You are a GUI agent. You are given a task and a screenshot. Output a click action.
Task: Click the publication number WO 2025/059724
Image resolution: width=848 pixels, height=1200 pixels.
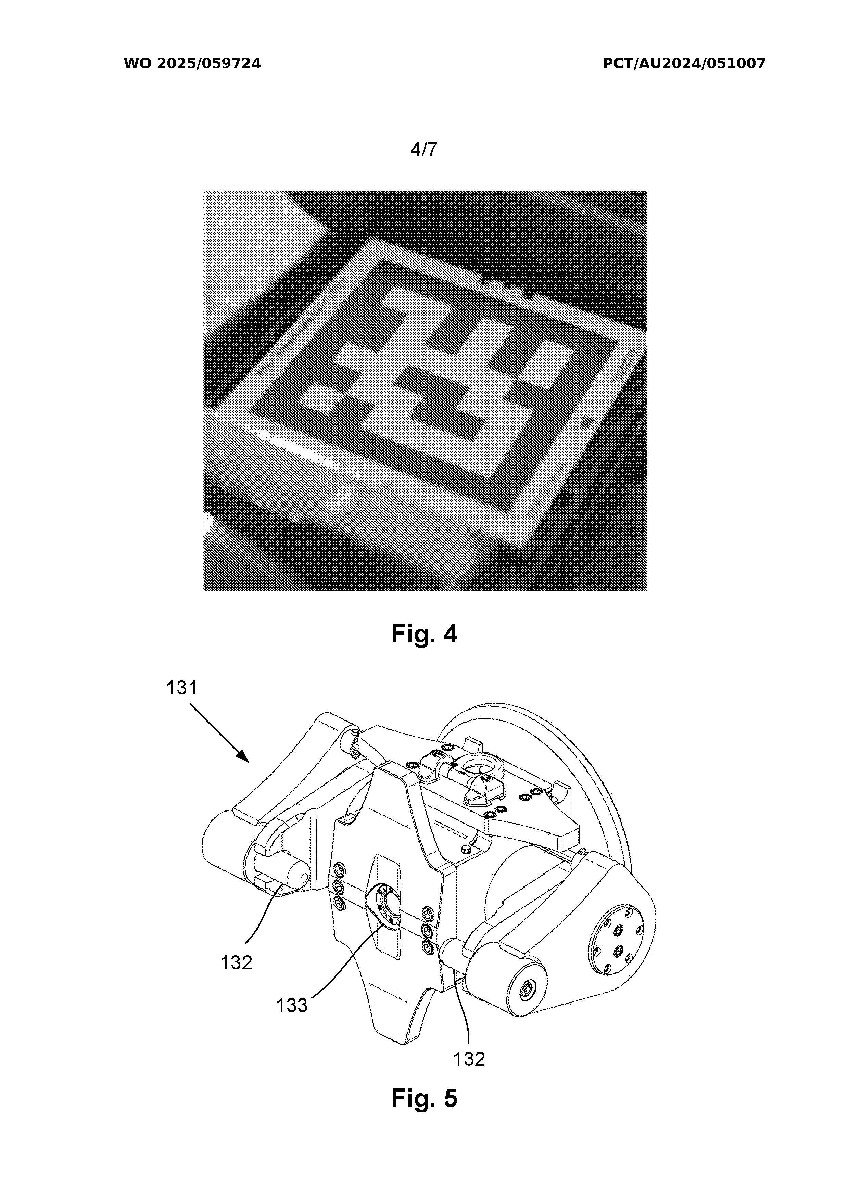[192, 64]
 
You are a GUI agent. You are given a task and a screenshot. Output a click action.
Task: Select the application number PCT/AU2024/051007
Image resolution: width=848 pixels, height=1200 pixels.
[684, 64]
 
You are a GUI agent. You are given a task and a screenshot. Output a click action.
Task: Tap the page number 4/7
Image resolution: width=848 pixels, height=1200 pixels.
[423, 150]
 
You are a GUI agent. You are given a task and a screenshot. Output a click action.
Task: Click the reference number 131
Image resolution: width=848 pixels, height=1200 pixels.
[181, 688]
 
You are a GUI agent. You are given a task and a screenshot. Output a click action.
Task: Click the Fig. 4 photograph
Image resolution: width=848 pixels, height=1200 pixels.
[425, 391]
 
